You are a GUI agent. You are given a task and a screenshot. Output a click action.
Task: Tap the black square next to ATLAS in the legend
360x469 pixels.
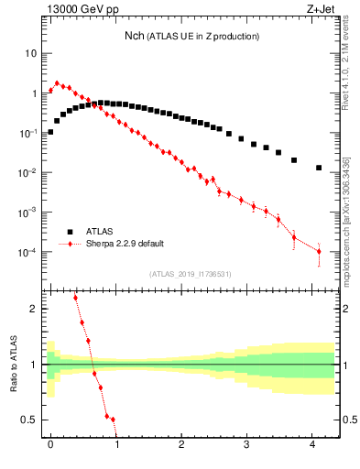[x=69, y=232]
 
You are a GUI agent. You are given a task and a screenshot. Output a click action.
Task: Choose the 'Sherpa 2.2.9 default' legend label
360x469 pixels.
[x=132, y=244]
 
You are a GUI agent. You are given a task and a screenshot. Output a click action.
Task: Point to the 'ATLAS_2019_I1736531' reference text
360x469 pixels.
[x=191, y=274]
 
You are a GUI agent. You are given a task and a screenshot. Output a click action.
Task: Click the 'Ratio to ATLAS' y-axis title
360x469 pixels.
[x=14, y=364]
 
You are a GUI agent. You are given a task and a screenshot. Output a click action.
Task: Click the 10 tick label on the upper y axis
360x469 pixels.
[x=30, y=53]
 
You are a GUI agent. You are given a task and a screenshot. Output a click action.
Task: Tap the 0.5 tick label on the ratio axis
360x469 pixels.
[x=28, y=420]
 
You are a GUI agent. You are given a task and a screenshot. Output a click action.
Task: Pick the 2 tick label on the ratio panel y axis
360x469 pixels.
[x=33, y=310]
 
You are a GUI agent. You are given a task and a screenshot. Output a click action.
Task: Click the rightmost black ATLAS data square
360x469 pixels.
[x=318, y=168]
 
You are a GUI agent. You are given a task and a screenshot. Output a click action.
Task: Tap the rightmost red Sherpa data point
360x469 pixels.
[x=318, y=251]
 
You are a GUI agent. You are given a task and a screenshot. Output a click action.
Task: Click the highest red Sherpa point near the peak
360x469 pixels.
[x=57, y=83]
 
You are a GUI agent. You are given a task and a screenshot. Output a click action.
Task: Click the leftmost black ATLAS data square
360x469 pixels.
[x=50, y=132]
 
